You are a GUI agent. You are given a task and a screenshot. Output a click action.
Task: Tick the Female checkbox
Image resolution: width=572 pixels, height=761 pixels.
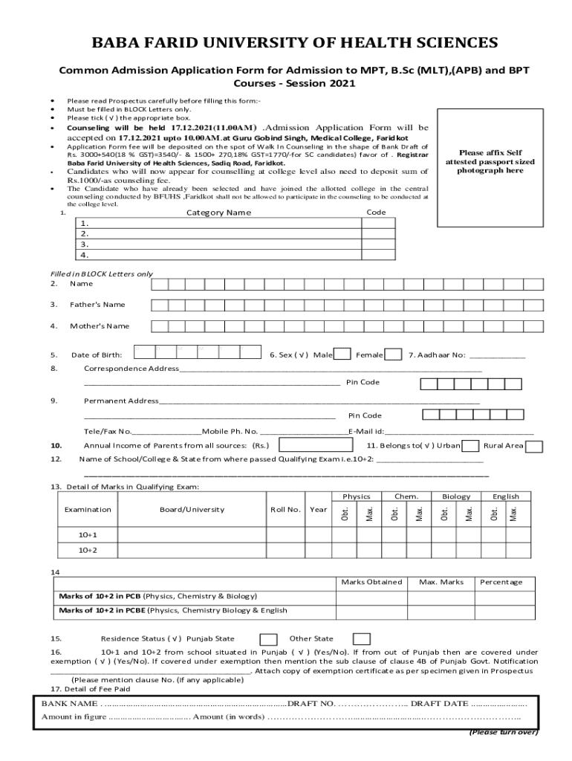(x=394, y=354)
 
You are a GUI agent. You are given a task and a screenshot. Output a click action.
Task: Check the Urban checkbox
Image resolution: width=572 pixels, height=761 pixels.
(x=469, y=446)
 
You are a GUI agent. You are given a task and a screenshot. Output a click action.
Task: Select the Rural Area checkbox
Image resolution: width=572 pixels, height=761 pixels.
(x=533, y=446)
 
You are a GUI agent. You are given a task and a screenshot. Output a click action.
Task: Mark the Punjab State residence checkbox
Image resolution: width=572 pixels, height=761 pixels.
(x=269, y=639)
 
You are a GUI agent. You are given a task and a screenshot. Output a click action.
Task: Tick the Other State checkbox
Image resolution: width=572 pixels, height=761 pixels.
(x=361, y=639)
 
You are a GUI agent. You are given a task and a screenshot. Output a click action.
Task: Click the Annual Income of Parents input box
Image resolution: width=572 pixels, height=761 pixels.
(x=315, y=446)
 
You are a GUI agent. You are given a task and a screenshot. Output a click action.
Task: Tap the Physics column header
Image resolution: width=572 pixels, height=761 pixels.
(x=357, y=496)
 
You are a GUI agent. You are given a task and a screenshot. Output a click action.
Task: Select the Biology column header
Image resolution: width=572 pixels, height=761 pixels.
(x=456, y=496)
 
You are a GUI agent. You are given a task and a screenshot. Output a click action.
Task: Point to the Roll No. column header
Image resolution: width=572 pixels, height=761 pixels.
(x=285, y=510)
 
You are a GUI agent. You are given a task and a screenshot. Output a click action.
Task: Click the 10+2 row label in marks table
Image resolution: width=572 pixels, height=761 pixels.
(x=88, y=550)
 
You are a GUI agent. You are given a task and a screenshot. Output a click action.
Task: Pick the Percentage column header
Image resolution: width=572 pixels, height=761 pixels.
(x=501, y=582)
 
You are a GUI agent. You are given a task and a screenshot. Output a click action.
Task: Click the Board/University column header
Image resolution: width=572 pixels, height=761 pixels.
(x=192, y=510)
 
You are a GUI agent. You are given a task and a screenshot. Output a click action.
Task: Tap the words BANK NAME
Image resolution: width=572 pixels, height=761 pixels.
(x=69, y=703)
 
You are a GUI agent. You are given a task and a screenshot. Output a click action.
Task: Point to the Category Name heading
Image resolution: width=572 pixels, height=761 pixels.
(x=218, y=213)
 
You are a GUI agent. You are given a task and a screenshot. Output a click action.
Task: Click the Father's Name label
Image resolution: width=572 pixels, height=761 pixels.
(x=97, y=305)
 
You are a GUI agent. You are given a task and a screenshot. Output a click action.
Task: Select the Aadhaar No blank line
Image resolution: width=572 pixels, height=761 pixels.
(x=498, y=355)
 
